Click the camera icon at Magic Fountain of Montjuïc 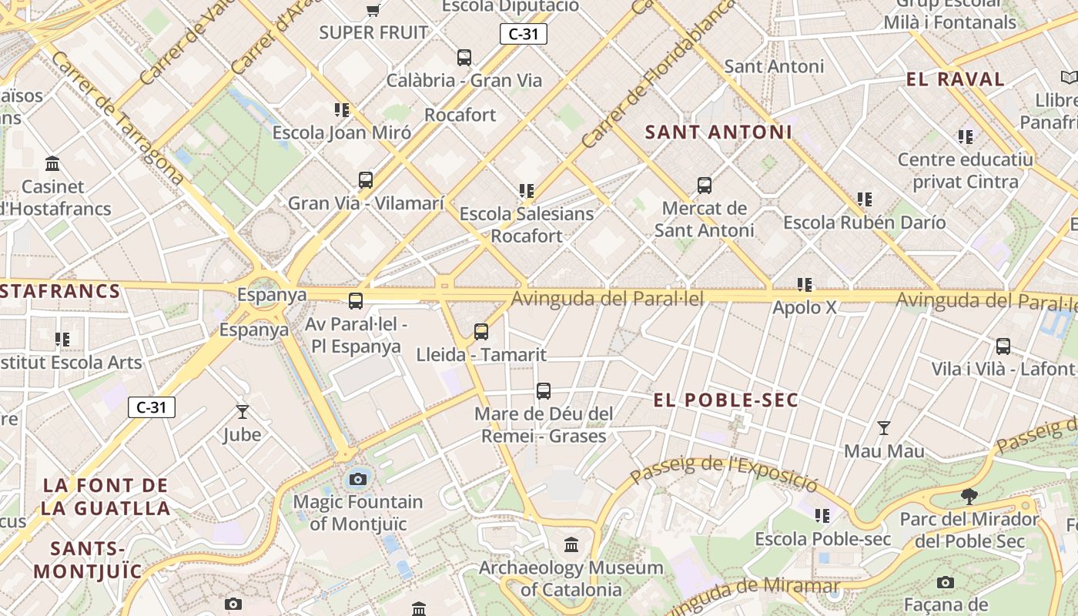(357, 479)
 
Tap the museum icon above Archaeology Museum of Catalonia (571, 545)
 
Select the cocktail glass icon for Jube (243, 412)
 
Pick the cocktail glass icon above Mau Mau (884, 427)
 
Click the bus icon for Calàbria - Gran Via (464, 57)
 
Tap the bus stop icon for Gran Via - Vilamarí (366, 180)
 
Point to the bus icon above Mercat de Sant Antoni (705, 185)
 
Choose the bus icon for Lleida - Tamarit (481, 332)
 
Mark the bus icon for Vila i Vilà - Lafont (1003, 346)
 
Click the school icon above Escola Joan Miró (342, 109)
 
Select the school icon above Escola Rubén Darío (865, 199)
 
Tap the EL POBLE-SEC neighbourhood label (726, 400)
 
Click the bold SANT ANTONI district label (718, 132)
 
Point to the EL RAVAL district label (956, 79)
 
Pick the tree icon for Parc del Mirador (969, 496)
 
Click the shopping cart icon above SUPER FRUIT (373, 10)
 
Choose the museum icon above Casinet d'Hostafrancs (52, 163)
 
